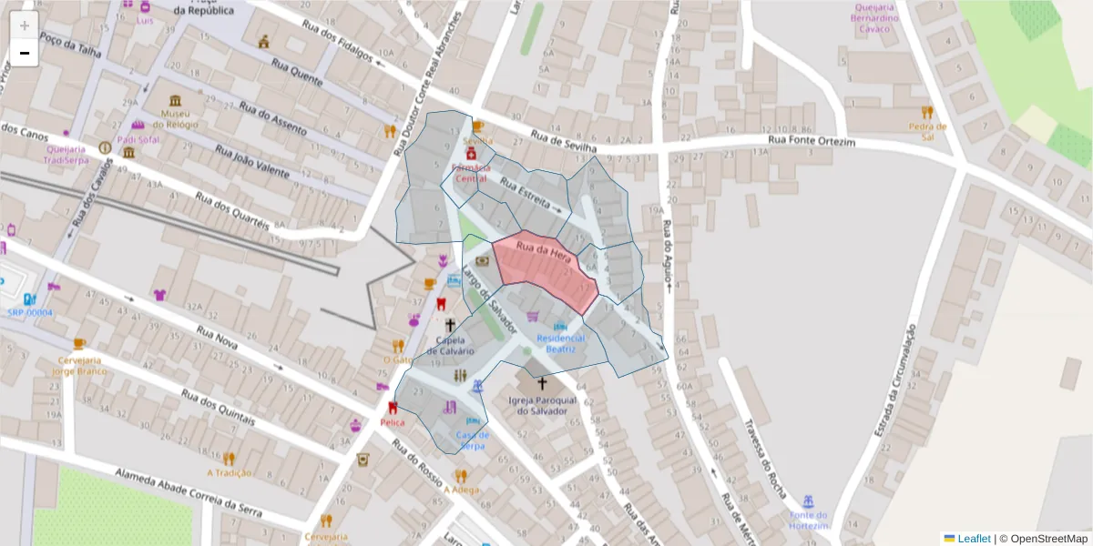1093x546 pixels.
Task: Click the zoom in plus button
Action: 24,25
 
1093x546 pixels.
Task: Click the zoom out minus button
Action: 24,53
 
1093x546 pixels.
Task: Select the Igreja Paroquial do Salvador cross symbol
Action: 542,383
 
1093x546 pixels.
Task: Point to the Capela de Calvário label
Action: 450,346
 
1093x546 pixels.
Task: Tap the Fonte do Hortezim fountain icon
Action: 807,501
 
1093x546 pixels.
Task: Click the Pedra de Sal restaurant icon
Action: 927,112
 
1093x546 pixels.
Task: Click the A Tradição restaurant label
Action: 229,472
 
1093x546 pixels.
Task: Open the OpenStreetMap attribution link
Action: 1043,538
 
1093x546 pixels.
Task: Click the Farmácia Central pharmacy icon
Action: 472,157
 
